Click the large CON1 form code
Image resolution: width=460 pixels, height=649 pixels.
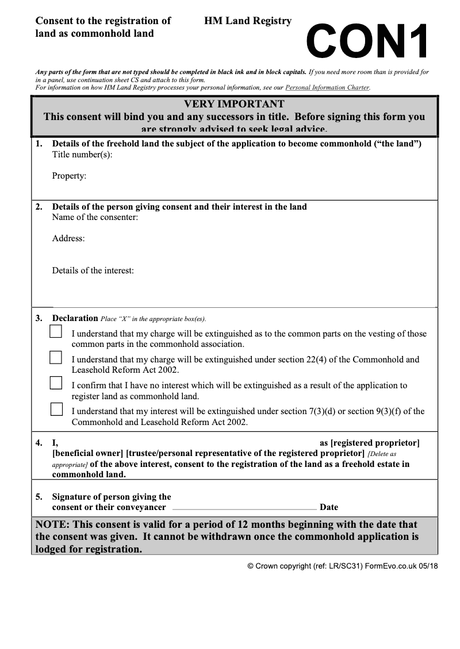(368, 41)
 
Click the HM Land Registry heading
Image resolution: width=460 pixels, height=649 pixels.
(247, 21)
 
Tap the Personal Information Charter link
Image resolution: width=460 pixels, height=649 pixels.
(327, 88)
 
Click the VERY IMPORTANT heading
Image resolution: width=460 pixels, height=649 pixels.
(234, 104)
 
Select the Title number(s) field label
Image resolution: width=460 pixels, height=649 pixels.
(82, 154)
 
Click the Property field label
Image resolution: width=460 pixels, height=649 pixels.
(69, 176)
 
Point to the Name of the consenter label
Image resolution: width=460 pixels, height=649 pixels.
(95, 217)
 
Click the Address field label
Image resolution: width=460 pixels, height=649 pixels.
(68, 238)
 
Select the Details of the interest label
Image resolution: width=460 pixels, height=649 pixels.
(93, 271)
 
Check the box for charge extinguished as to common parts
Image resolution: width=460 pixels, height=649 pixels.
(56, 331)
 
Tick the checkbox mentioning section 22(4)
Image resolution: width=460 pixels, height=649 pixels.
(56, 357)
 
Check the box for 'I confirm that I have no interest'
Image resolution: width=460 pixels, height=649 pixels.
(56, 383)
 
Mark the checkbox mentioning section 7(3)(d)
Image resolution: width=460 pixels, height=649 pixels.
(56, 409)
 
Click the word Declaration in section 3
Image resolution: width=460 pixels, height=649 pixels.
(75, 318)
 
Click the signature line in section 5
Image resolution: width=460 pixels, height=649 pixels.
(244, 509)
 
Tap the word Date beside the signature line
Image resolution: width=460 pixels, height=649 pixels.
(329, 507)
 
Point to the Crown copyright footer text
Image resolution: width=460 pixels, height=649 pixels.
(342, 566)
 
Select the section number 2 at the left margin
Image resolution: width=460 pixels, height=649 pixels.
(39, 207)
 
